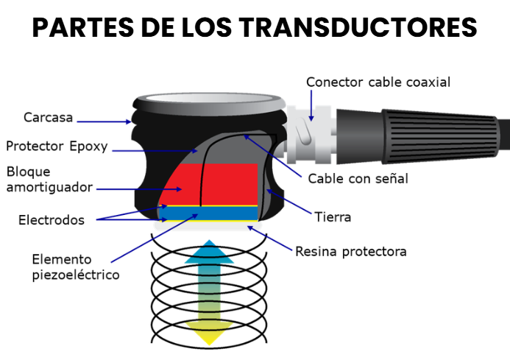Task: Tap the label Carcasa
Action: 48,118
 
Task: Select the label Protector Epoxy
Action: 57,147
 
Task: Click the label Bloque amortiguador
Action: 49,180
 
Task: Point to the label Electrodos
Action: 52,220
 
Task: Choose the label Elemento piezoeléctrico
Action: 76,267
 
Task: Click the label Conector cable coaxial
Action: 378,82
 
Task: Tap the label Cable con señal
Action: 358,179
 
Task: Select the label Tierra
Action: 333,217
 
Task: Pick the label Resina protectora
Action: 351,252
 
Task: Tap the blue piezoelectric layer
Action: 208,213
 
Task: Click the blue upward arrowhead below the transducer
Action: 209,252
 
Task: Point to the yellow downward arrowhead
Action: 209,333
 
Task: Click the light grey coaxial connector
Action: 309,135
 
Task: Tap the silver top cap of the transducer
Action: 209,104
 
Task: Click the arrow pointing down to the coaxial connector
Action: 311,105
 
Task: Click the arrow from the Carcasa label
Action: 104,121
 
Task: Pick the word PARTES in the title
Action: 83,27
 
